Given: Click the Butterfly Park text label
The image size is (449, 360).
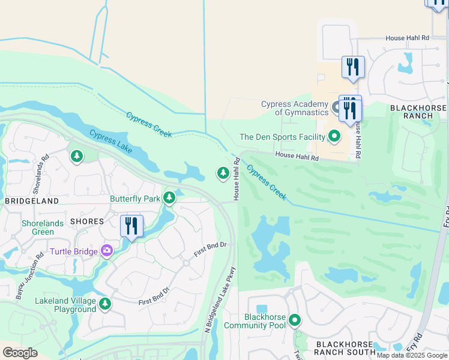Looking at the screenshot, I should click(x=135, y=199).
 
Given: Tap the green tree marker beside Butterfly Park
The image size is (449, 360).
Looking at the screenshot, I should click(x=170, y=197).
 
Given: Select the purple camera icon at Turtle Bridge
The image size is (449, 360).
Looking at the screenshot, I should click(x=107, y=251).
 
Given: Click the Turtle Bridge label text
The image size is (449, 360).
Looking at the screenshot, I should click(x=74, y=251).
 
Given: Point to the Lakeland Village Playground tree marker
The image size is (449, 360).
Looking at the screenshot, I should click(x=106, y=304).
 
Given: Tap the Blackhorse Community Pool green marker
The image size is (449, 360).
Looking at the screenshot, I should click(x=294, y=320).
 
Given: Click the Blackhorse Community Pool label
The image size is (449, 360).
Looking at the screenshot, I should click(x=255, y=321).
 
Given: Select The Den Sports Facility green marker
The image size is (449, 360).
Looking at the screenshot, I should click(x=334, y=137).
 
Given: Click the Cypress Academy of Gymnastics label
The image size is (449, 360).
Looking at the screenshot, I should click(x=295, y=108).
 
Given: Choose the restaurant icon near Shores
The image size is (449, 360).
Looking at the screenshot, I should click(x=131, y=226).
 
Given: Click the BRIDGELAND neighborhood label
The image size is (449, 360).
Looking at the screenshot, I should click(x=32, y=201).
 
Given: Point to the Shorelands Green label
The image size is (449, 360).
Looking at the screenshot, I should click(x=42, y=227).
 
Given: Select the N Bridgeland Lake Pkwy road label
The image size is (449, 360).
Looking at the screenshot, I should click(x=218, y=300).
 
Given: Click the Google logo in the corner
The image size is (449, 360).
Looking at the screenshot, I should click(x=20, y=353).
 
